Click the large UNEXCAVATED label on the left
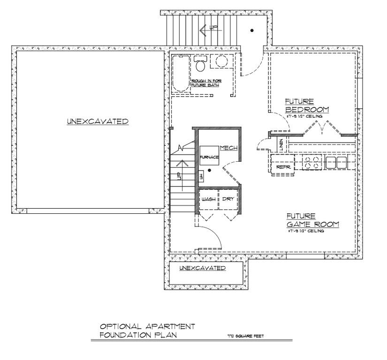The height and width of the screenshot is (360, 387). coord(98,121)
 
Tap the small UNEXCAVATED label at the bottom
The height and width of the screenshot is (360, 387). coord(203,268)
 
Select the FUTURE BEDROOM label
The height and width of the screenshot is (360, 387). coord(307,106)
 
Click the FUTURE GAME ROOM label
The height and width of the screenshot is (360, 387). coord(312,220)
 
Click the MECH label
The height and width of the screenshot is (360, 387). coord(229,148)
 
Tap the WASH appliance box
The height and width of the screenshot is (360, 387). coord(208,199)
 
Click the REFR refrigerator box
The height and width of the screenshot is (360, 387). coord(283,167)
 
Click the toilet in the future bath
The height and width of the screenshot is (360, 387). coord(201,63)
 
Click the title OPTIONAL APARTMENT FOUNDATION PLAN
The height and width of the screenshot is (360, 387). coord(147,330)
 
